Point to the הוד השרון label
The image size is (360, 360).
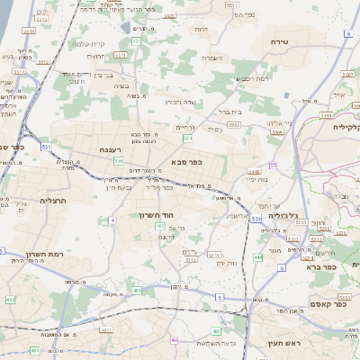155,215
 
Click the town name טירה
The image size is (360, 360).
278,42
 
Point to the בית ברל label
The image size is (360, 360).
230,112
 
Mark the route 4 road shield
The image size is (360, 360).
112,220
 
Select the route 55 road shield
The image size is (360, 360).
273,165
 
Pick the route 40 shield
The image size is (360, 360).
175,340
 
